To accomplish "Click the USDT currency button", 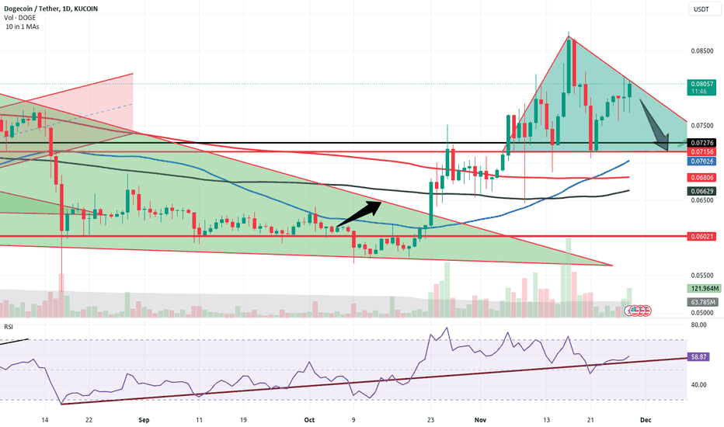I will click(701, 9).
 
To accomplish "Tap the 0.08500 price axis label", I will click(701, 50).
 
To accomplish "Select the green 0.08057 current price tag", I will click(701, 84).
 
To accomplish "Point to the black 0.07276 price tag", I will click(701, 143).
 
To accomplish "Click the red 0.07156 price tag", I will click(701, 151).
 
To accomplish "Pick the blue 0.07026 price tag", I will click(701, 161).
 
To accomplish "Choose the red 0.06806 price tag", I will click(701, 177).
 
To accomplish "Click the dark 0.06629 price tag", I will click(701, 190).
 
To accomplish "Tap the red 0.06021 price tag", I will click(701, 236).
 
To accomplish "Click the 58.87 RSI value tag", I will click(701, 357).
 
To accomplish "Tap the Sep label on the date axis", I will click(143, 417).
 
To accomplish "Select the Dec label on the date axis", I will click(646, 417).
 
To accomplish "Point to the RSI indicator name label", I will click(9, 328).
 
